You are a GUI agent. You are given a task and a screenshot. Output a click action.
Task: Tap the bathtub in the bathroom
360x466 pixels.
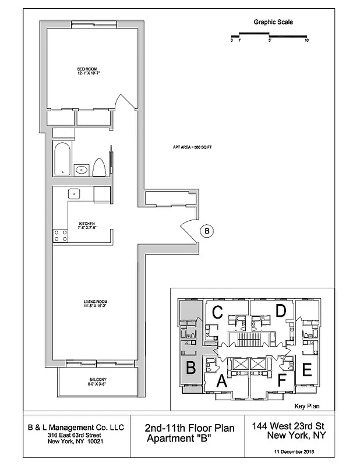pos(62,158)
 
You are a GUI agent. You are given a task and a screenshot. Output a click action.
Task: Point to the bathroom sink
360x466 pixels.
pos(82,170)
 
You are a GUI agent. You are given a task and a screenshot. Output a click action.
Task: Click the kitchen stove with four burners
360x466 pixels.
pos(60,235)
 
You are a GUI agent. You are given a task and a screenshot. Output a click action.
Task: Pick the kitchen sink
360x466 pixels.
pos(74,194)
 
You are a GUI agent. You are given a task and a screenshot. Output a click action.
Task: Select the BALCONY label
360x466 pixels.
pos(97,382)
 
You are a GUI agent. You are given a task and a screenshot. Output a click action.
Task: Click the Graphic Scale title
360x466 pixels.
pos(273,22)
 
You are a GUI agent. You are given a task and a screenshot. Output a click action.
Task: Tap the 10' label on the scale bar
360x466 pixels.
pos(306,41)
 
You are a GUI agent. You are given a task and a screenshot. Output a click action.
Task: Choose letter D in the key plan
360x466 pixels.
pos(281,311)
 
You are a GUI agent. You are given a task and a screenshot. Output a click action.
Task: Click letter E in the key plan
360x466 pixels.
pos(307,369)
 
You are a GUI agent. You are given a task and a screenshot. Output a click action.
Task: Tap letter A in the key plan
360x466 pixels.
pos(221,382)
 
